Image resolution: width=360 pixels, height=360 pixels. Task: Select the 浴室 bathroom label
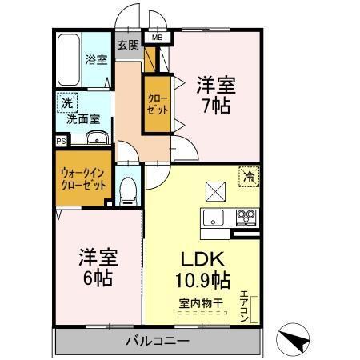coord(96,58)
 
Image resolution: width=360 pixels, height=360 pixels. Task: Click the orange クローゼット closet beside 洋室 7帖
coord(156,102)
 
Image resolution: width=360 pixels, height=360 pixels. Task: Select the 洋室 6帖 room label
coord(96,268)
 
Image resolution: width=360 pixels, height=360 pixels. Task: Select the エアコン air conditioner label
coord(245,305)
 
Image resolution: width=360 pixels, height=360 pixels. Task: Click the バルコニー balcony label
coord(157,342)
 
